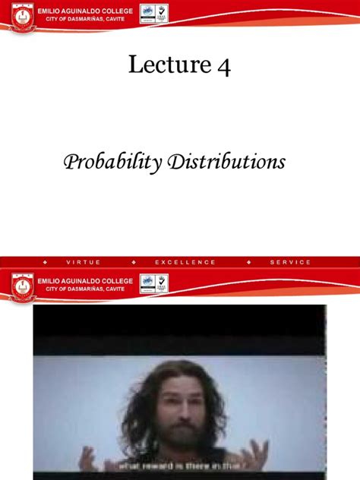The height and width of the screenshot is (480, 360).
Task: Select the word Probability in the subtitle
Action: (x=108, y=162)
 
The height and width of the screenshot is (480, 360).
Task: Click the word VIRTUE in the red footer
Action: (x=84, y=262)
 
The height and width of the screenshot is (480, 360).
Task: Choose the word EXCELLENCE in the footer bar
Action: (x=185, y=262)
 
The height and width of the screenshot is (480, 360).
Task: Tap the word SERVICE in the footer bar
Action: (x=290, y=262)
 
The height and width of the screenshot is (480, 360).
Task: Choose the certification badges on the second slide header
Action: (x=155, y=283)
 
